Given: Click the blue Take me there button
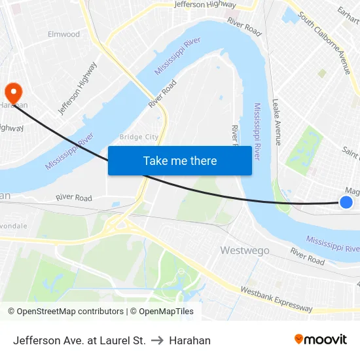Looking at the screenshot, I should click(x=179, y=160).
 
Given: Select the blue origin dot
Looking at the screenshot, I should click(x=346, y=202).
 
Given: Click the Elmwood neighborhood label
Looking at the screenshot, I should click(x=63, y=34).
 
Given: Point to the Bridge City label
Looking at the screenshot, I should click(x=139, y=137).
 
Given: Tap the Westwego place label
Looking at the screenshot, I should click(x=244, y=250).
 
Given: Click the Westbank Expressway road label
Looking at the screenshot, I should click(x=276, y=298).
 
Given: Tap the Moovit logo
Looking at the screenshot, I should click(x=320, y=340).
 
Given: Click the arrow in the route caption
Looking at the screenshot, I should click(x=157, y=340).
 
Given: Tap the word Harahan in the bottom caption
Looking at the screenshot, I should click(x=190, y=340).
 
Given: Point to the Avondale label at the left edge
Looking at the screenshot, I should click(x=13, y=226).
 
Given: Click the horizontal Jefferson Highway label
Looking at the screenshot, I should click(x=206, y=5).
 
